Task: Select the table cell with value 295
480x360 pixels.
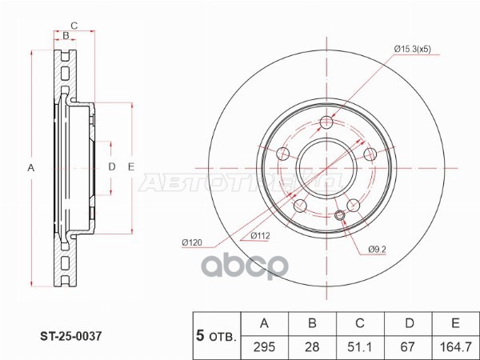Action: (x=264, y=346)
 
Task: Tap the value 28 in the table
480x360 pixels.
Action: (x=312, y=346)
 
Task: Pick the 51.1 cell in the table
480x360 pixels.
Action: (x=360, y=346)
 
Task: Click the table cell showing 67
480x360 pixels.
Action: (x=408, y=346)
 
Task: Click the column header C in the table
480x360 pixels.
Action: (x=360, y=323)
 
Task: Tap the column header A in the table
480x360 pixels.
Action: (x=264, y=323)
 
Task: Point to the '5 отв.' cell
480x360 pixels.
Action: (x=216, y=335)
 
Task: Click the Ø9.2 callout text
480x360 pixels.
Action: (x=378, y=250)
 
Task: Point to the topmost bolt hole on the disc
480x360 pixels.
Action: (x=326, y=122)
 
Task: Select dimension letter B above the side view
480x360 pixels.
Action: (x=66, y=36)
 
